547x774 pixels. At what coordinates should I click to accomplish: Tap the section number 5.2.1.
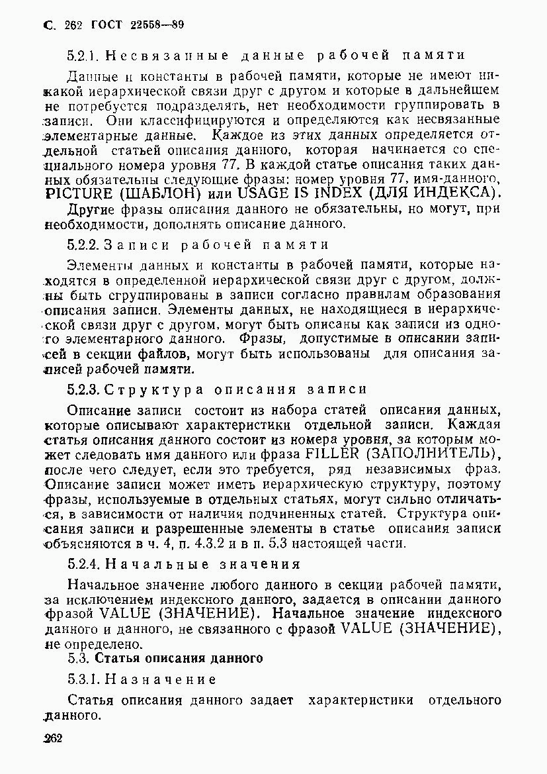pyautogui.click(x=83, y=55)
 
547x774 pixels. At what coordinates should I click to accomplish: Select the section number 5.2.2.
pyautogui.click(x=83, y=244)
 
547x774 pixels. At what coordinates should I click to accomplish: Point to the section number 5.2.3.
pyautogui.click(x=83, y=389)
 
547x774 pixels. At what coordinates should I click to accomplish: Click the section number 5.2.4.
pyautogui.click(x=83, y=564)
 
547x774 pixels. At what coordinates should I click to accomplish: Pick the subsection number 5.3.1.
pyautogui.click(x=83, y=679)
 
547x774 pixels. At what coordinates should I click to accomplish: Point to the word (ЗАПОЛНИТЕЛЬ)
pyautogui.click(x=430, y=454)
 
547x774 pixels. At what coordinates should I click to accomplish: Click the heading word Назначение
pyautogui.click(x=161, y=679)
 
